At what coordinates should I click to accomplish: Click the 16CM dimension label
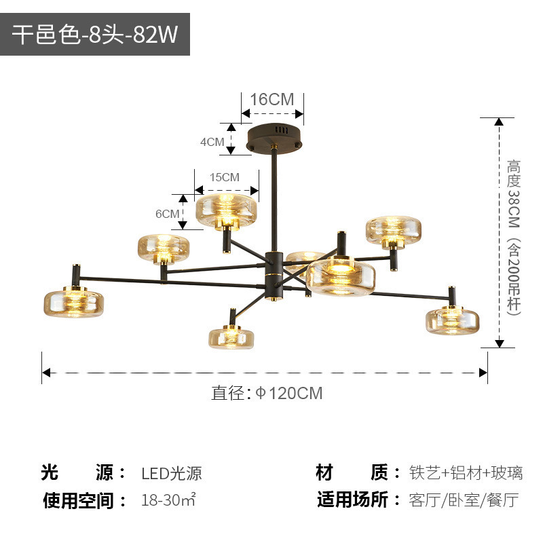pos(271,99)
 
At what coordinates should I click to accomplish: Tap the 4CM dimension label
pos(212,142)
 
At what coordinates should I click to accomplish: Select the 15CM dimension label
pos(224,177)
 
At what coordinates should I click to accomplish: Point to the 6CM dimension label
pos(167,213)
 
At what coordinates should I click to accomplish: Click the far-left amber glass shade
pos(74,303)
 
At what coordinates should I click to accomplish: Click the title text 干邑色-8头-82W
pos(95,35)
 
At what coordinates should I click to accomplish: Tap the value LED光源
pos(172,473)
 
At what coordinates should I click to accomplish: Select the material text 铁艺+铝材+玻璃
pos(466,472)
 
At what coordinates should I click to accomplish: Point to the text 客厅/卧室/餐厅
pos(464,501)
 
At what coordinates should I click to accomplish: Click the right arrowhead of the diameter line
pos(483,372)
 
